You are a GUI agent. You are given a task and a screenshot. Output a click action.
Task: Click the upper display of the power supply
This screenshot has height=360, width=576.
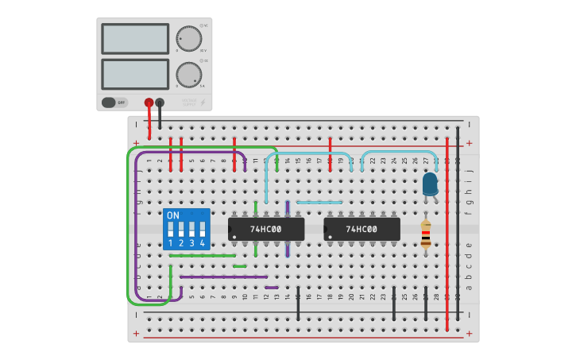135,38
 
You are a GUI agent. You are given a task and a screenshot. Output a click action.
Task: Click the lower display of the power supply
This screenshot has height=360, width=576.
135,74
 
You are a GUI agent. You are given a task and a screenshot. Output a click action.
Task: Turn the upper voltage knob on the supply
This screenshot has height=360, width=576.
188,38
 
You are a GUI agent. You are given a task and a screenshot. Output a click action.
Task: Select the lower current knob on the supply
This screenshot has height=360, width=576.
188,75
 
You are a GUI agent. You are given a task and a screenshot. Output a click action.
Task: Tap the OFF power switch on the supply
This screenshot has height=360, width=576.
114,103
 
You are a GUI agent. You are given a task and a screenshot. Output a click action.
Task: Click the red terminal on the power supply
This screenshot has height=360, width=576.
149,103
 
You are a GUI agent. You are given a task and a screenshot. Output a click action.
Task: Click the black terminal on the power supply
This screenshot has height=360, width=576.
160,103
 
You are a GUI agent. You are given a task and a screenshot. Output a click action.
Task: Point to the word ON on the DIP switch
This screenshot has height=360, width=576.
173,215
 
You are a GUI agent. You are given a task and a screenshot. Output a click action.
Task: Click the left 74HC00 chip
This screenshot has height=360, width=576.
266,230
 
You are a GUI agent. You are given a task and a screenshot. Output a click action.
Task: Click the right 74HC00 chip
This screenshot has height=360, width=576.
361,230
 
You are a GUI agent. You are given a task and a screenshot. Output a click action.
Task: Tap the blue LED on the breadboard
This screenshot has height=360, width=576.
430,184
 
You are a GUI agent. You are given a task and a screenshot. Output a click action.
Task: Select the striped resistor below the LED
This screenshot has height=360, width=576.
426,234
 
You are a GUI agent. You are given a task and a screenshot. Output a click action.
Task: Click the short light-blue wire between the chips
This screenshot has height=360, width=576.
319,203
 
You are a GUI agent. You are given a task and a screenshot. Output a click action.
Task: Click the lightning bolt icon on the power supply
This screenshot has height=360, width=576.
203,103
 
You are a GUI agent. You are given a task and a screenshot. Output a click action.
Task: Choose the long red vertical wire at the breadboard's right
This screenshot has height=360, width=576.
447,238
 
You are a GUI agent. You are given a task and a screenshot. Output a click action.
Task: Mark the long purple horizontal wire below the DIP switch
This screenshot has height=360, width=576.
223,277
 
